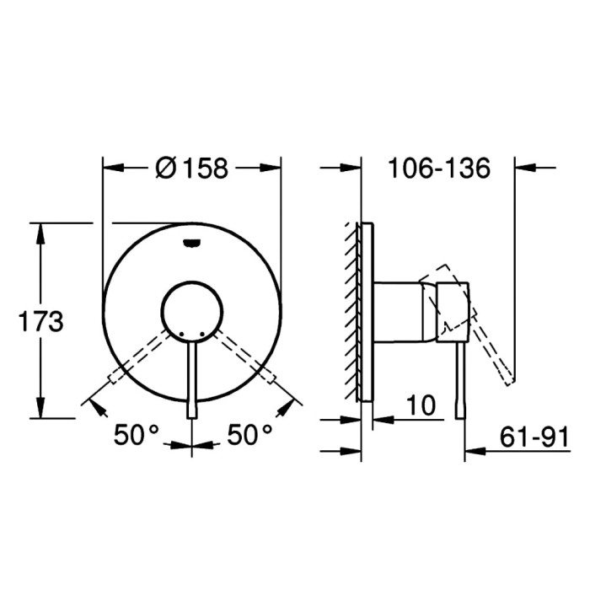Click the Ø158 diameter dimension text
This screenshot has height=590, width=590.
tap(191, 168)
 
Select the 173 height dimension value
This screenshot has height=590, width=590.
tap(41, 322)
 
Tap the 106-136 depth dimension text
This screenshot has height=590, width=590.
tap(439, 168)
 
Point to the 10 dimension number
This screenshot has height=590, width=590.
tap(421, 405)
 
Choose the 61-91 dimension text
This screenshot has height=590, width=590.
tap(534, 437)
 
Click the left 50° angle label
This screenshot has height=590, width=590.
tap(137, 435)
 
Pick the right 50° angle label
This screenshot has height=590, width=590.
tap(249, 435)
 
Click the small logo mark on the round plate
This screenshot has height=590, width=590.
tap(192, 244)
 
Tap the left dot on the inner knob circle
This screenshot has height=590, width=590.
tap(181, 334)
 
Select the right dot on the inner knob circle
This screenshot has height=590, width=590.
tap(202, 334)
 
